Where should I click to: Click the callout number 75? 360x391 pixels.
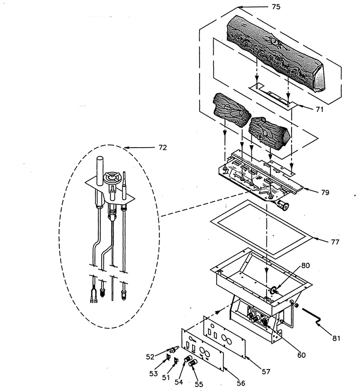point(276,7)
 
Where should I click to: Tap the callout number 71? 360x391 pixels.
point(319,109)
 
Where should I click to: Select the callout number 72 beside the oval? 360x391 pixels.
point(162,148)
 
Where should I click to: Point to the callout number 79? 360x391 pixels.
point(325,192)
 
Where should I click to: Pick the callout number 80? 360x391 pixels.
point(305,265)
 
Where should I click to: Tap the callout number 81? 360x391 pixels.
point(336,338)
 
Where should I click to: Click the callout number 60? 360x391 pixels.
point(301,355)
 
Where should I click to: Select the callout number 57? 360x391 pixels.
point(266,371)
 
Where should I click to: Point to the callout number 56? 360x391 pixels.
point(241,383)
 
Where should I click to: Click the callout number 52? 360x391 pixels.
point(150,357)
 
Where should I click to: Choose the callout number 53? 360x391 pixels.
point(154,373)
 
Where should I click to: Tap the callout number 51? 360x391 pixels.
point(166,377)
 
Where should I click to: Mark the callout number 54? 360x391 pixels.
point(179,382)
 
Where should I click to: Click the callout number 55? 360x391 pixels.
point(199,384)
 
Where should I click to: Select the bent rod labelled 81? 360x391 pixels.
point(313,316)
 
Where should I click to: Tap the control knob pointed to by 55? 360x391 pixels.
point(193,363)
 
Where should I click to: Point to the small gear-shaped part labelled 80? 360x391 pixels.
point(273,290)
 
